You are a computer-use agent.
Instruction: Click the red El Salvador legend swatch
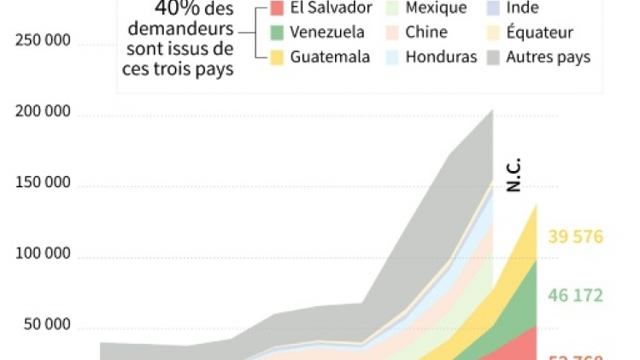point(277,9)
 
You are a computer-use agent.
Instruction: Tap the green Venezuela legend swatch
point(277,33)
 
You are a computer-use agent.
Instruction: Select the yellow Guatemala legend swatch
point(277,57)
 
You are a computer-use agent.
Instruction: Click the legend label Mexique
point(437,9)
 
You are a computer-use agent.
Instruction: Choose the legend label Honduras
point(441,57)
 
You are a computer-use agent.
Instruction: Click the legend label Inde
point(523,9)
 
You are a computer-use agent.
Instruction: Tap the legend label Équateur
point(540,33)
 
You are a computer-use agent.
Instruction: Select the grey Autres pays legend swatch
point(494,57)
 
